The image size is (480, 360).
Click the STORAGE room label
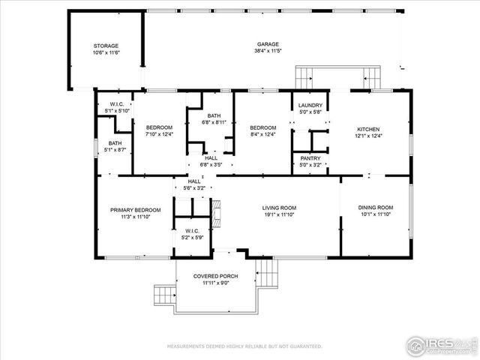coord(106,46)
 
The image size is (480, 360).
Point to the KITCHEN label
coord(368,128)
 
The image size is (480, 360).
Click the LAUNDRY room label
coord(310,105)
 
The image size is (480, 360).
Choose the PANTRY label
coord(310,158)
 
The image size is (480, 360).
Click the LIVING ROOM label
coord(279,208)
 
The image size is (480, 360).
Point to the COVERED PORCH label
coord(215,276)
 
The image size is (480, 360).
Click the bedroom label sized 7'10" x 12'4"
coord(159,127)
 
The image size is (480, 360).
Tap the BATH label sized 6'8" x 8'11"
coord(214,115)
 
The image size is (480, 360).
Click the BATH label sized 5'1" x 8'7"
coord(115,143)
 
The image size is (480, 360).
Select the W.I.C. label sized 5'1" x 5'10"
coord(116,104)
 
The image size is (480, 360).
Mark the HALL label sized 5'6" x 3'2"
coord(193,181)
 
